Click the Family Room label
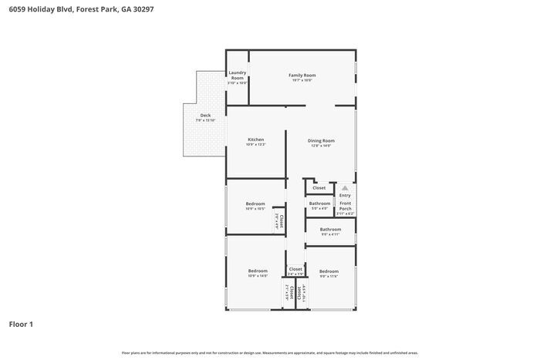(x=302, y=76)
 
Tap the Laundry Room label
(x=238, y=76)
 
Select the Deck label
(x=205, y=116)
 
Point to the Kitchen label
(x=255, y=140)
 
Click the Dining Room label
(x=321, y=140)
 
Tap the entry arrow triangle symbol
(x=345, y=187)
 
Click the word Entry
(x=344, y=195)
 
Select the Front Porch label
(x=345, y=206)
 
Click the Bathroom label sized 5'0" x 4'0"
(x=319, y=204)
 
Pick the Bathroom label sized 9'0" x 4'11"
(x=330, y=229)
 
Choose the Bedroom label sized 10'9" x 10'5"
(x=255, y=204)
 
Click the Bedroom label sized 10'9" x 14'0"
(x=258, y=271)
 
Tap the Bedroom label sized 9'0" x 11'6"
(x=329, y=271)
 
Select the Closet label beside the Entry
(x=319, y=187)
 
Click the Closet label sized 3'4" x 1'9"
(x=295, y=269)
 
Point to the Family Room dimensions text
(x=302, y=80)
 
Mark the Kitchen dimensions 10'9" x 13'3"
(x=255, y=144)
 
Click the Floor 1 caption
(x=21, y=324)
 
